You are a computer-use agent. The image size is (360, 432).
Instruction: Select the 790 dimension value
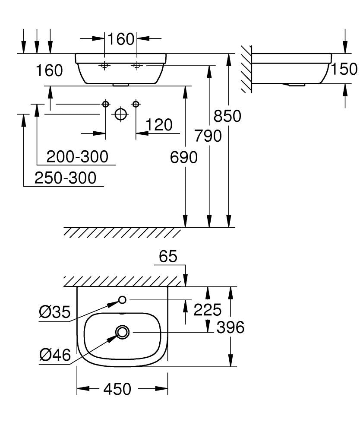coord(207,136)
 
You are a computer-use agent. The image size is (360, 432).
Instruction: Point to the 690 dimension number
coord(183,158)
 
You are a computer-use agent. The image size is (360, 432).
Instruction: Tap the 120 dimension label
coord(158,125)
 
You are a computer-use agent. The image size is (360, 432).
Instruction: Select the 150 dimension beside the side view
coord(345,69)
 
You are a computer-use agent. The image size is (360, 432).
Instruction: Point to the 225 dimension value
coord(207,309)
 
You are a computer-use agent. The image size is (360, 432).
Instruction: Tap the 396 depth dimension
coord(230,327)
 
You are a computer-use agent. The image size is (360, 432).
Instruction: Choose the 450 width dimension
coord(117,389)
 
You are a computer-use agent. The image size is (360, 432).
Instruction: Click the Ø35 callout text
coord(54,312)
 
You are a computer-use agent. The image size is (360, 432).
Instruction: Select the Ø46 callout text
coord(54,355)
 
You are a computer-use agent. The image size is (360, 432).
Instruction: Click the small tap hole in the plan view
coord(122,300)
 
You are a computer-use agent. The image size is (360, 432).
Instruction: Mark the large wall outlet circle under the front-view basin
coord(120,114)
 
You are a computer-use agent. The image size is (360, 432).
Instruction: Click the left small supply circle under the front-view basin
coord(105,104)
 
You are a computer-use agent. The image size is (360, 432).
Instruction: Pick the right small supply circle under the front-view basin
coord(136,104)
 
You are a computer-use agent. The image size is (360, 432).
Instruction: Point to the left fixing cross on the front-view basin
coord(104,66)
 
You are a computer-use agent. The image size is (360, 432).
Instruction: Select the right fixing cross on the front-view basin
coord(137,66)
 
